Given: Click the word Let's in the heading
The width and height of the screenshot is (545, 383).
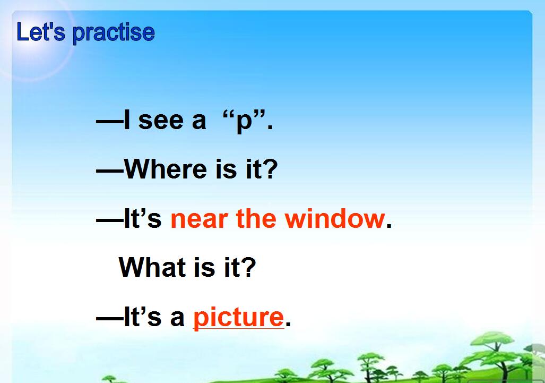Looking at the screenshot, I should [41, 32].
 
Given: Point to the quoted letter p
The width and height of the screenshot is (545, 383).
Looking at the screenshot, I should [244, 122].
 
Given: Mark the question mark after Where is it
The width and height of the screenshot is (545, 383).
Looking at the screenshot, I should [271, 169].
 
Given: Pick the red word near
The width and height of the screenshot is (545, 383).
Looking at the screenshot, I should [200, 219].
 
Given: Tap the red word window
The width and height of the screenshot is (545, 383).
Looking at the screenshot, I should [334, 218].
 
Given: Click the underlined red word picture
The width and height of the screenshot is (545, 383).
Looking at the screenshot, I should [238, 318].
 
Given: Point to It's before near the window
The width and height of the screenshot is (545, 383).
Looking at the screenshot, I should [142, 218].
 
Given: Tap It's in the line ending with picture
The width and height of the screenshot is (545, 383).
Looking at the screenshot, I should [142, 317].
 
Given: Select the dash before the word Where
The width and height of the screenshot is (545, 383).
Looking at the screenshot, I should [109, 171].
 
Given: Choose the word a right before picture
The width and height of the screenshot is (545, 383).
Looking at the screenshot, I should [177, 319].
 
